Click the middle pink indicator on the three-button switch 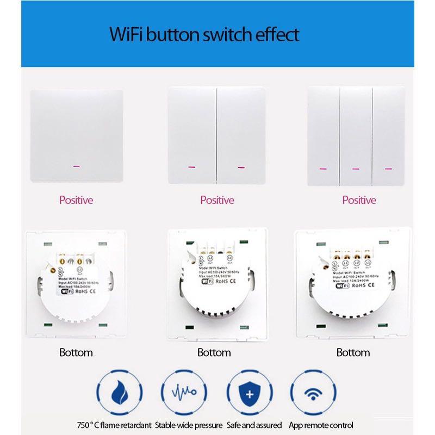(356, 169)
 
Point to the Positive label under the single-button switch (76, 200)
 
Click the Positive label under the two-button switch (217, 200)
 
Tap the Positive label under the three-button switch (359, 200)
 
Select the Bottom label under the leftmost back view (76, 352)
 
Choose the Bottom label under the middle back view (214, 352)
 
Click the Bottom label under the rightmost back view (353, 352)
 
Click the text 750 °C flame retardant (114, 425)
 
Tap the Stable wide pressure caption (189, 425)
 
